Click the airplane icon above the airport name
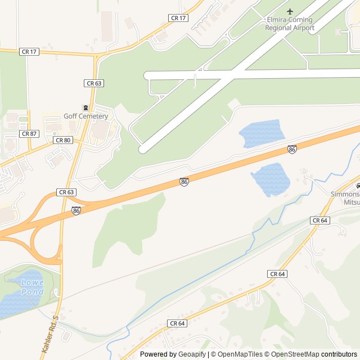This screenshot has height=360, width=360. tap(290, 11)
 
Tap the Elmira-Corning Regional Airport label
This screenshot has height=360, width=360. tap(290, 24)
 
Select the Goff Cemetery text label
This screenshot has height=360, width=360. tap(85, 116)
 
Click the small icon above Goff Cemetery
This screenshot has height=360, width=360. tap(85, 108)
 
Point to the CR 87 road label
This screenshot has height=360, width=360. tap(28, 134)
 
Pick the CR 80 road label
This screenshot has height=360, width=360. tap(62, 139)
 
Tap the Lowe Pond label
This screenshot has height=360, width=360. tap(32, 287)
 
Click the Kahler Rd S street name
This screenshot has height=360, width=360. tap(49, 334)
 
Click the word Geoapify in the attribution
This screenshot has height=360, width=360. tap(192, 354)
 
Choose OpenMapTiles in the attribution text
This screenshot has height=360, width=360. tap(241, 354)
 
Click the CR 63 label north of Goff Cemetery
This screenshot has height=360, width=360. tap(94, 83)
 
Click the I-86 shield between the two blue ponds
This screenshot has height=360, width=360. tap(292, 149)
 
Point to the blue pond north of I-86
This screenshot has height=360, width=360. tap(262, 133)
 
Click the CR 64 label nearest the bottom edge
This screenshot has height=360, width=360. tap(177, 323)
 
